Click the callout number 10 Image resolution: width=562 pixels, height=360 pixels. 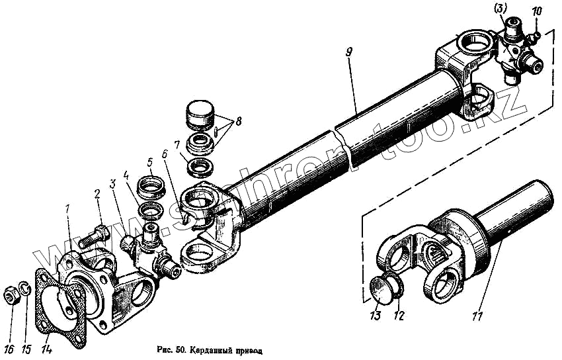(x=536, y=11)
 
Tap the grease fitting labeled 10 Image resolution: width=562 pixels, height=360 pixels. (x=539, y=33)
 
